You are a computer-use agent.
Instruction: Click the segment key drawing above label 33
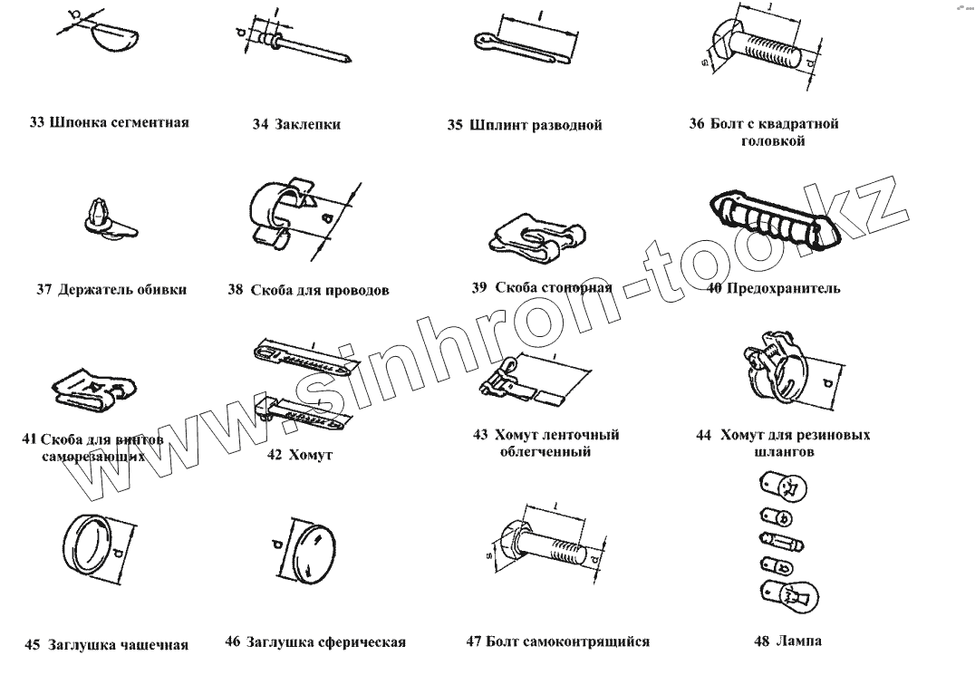pos(116,36)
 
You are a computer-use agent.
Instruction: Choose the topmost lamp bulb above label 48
pos(784,487)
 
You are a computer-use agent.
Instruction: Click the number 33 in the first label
pos(36,121)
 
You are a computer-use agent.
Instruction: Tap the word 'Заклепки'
pos(307,124)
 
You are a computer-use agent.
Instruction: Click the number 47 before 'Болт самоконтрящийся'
pos(474,641)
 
